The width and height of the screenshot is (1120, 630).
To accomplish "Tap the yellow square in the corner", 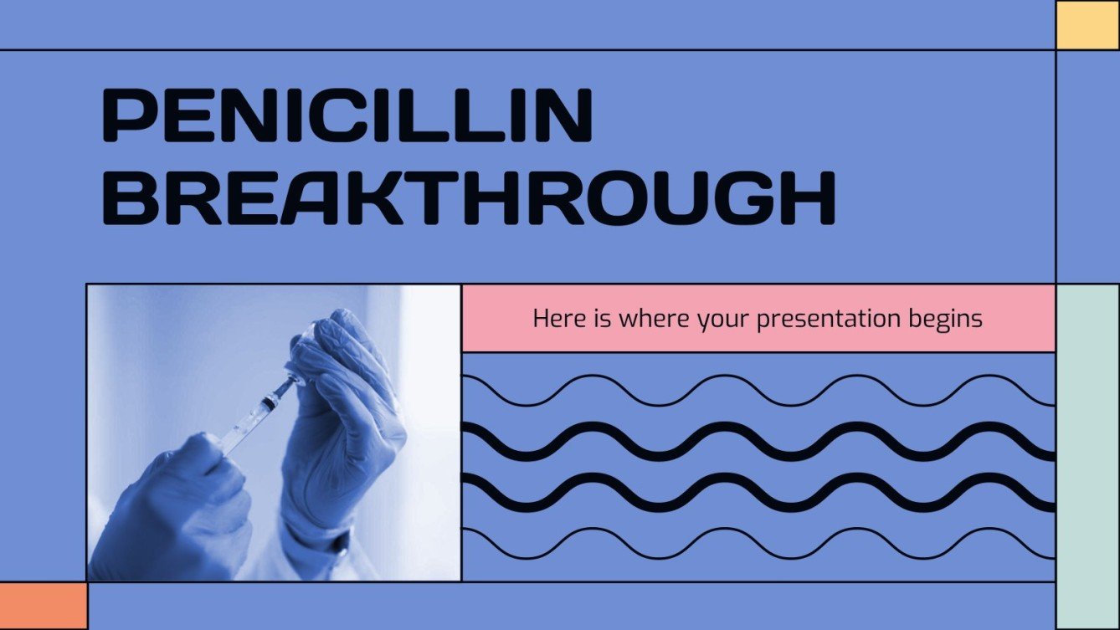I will pyautogui.click(x=1087, y=25).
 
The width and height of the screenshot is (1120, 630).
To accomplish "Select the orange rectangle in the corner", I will pyautogui.click(x=43, y=606).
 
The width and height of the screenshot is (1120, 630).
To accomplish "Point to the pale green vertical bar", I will pyautogui.click(x=1087, y=456).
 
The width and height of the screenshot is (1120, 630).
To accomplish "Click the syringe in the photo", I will pyautogui.click(x=259, y=412).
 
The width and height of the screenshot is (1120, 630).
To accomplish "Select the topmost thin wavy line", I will pyautogui.click(x=758, y=391).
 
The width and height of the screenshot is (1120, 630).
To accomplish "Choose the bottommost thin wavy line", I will pyautogui.click(x=758, y=543).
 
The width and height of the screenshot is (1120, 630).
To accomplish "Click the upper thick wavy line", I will pyautogui.click(x=758, y=442).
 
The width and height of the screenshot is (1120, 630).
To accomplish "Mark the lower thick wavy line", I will pyautogui.click(x=758, y=492).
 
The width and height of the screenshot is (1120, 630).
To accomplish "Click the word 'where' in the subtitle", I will pyautogui.click(x=632, y=319).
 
